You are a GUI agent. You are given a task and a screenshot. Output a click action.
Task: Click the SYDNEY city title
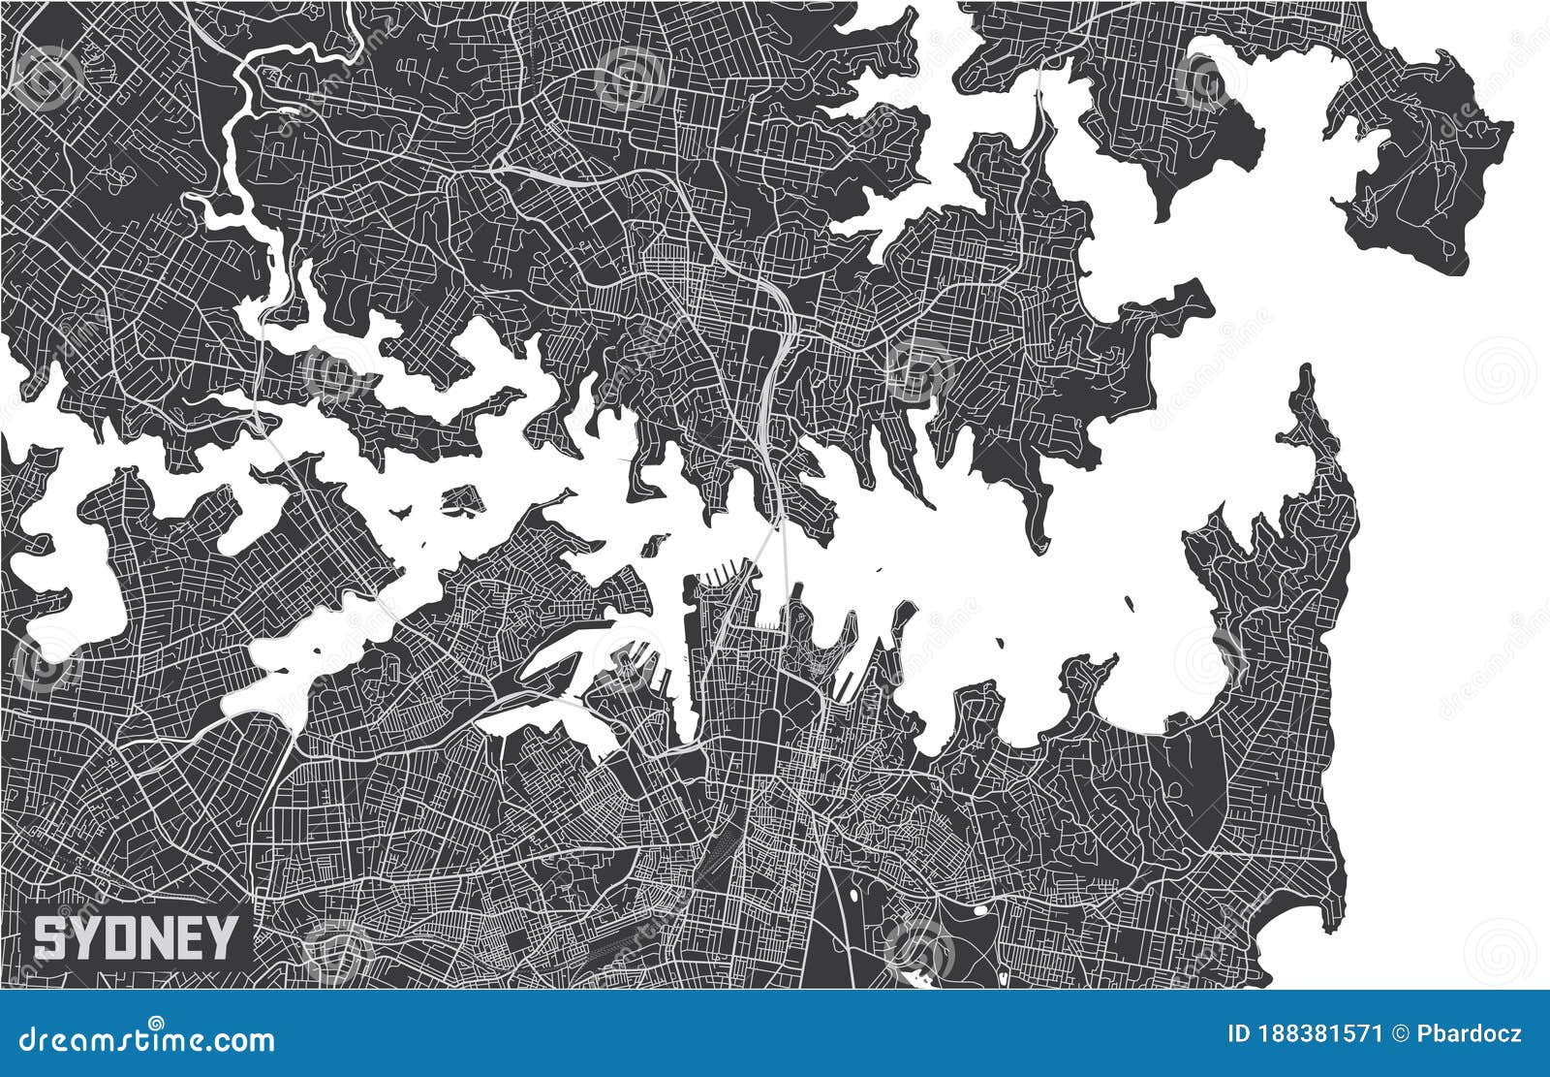tap(136, 937)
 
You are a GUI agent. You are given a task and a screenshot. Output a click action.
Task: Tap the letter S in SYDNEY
tap(47, 937)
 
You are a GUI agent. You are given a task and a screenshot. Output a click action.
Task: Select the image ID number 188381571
tap(1321, 1033)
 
